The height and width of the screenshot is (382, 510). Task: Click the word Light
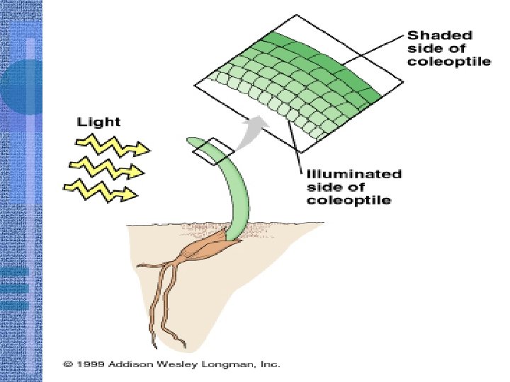pos(98,122)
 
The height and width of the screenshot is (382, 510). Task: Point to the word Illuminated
pos(354,173)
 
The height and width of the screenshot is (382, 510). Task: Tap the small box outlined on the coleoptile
pos(213,151)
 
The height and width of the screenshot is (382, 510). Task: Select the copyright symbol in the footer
pos(67,364)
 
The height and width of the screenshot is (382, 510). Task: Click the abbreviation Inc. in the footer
pos(271,364)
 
